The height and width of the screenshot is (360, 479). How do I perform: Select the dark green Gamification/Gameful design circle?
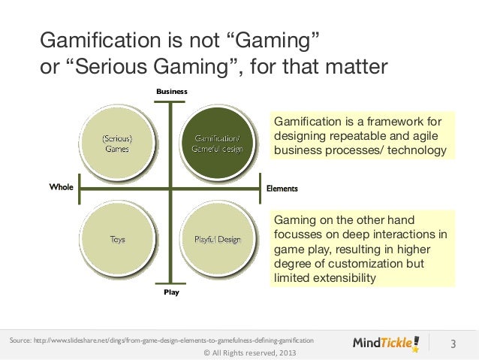216,144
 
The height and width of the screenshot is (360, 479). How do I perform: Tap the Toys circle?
118,239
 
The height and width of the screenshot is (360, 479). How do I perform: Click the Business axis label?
171,91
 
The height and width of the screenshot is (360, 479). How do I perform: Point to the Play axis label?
171,292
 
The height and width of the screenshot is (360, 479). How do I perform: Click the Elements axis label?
282,188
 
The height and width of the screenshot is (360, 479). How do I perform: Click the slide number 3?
453,344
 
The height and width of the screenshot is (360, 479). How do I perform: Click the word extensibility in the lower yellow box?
336,279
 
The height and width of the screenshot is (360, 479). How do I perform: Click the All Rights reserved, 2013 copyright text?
239,353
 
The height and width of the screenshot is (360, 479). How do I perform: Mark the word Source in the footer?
20,341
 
